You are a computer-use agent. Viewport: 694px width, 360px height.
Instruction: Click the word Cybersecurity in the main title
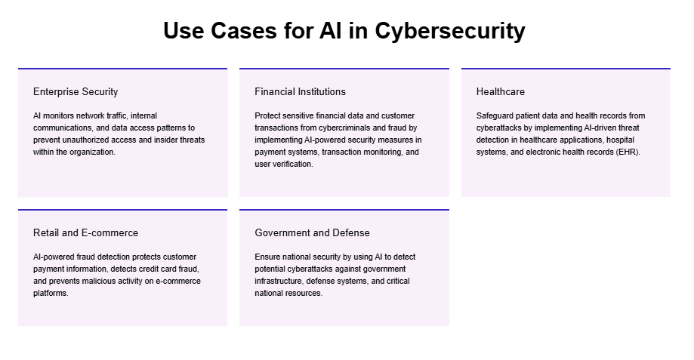(450, 32)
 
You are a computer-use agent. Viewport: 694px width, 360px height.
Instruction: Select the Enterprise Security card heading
(76, 92)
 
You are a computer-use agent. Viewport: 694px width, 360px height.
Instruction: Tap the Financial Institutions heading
(300, 92)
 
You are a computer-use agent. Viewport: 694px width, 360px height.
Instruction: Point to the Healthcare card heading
(500, 92)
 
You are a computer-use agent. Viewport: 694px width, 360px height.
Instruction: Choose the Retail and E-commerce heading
(85, 233)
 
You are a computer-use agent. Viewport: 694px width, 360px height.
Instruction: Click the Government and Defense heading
(312, 233)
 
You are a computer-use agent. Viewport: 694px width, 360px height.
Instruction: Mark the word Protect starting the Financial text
(268, 116)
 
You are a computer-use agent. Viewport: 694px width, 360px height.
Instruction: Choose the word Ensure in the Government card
(268, 257)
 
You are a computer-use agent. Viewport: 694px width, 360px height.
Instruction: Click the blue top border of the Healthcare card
(566, 69)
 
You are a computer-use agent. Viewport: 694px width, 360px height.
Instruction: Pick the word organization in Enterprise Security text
(91, 152)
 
